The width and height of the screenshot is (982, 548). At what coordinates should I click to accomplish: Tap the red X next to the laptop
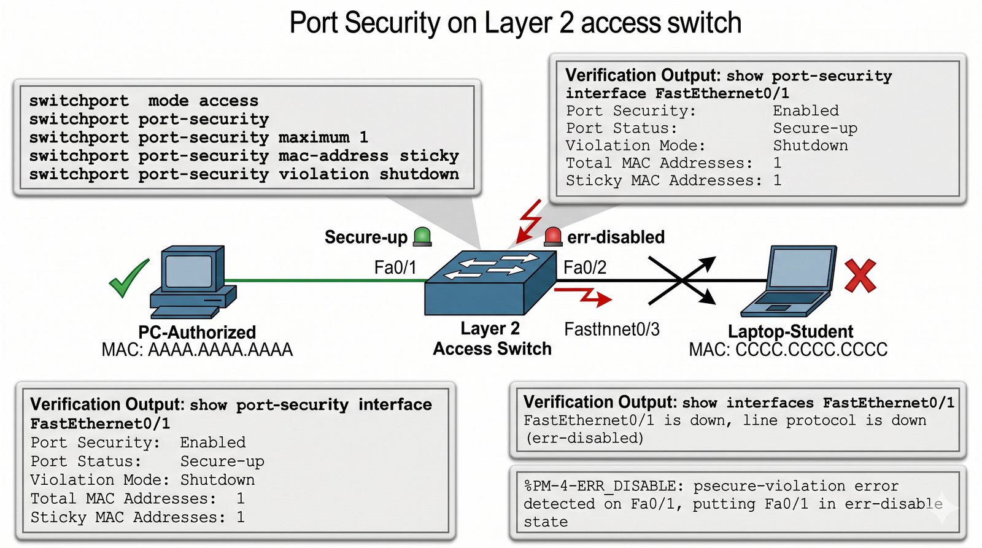click(860, 276)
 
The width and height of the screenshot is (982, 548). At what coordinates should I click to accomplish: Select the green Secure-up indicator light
click(422, 237)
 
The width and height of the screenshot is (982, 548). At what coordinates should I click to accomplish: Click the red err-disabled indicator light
click(553, 237)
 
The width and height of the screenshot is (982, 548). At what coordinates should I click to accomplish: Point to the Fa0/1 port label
click(395, 268)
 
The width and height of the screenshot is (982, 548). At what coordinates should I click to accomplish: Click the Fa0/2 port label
click(585, 268)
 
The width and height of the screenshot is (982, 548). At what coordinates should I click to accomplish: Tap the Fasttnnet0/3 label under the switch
click(611, 330)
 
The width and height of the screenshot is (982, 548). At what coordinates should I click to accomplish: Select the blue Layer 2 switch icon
click(490, 283)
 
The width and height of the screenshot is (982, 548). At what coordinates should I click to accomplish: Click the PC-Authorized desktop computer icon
click(193, 282)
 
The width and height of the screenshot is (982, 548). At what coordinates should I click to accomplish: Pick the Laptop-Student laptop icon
click(788, 281)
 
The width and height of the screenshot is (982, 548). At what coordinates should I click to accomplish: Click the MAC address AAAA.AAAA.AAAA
click(220, 350)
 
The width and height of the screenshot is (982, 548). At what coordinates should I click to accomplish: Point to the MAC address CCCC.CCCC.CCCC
click(811, 350)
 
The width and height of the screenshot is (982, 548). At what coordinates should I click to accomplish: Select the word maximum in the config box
click(314, 137)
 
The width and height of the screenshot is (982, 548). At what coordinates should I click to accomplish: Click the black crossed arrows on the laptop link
click(682, 280)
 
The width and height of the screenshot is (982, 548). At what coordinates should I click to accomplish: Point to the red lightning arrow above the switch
click(529, 222)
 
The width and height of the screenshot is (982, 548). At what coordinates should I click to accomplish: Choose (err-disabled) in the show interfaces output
click(584, 438)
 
